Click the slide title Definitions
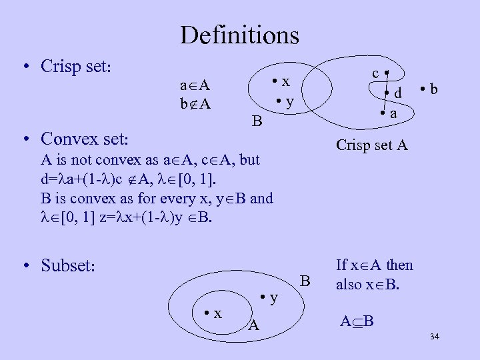point(239,34)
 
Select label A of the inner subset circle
point(253,325)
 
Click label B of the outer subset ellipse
point(305,281)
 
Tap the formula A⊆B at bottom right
point(357,323)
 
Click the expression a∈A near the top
point(195,85)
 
